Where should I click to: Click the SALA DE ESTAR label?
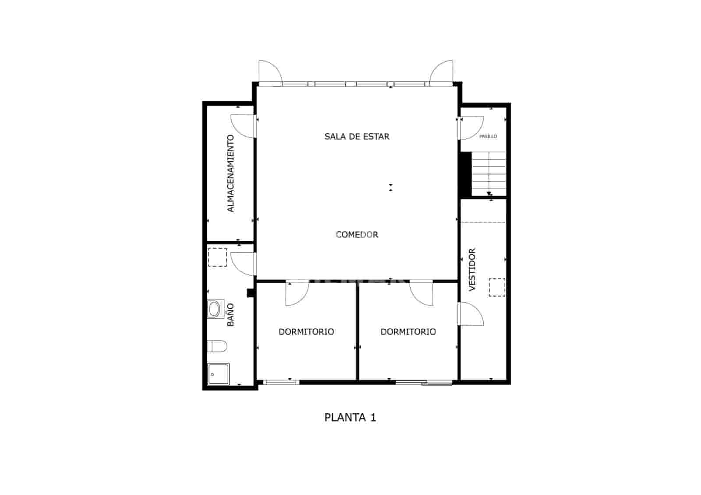[x=357, y=137]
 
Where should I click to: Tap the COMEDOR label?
[x=357, y=235]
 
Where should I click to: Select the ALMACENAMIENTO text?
[x=231, y=173]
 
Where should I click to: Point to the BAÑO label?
[x=231, y=315]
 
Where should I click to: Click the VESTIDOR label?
[x=472, y=270]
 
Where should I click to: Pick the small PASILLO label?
[x=488, y=137]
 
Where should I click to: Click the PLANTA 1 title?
[x=350, y=418]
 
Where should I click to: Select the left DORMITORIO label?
[x=306, y=332]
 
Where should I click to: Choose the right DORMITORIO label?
[x=408, y=332]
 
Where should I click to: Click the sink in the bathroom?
[x=214, y=309]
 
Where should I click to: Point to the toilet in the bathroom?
[x=217, y=346]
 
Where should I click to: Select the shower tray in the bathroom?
[x=218, y=374]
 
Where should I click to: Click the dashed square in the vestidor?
[x=497, y=287]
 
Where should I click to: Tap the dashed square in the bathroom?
[x=217, y=257]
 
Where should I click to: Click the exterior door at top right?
[x=442, y=72]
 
